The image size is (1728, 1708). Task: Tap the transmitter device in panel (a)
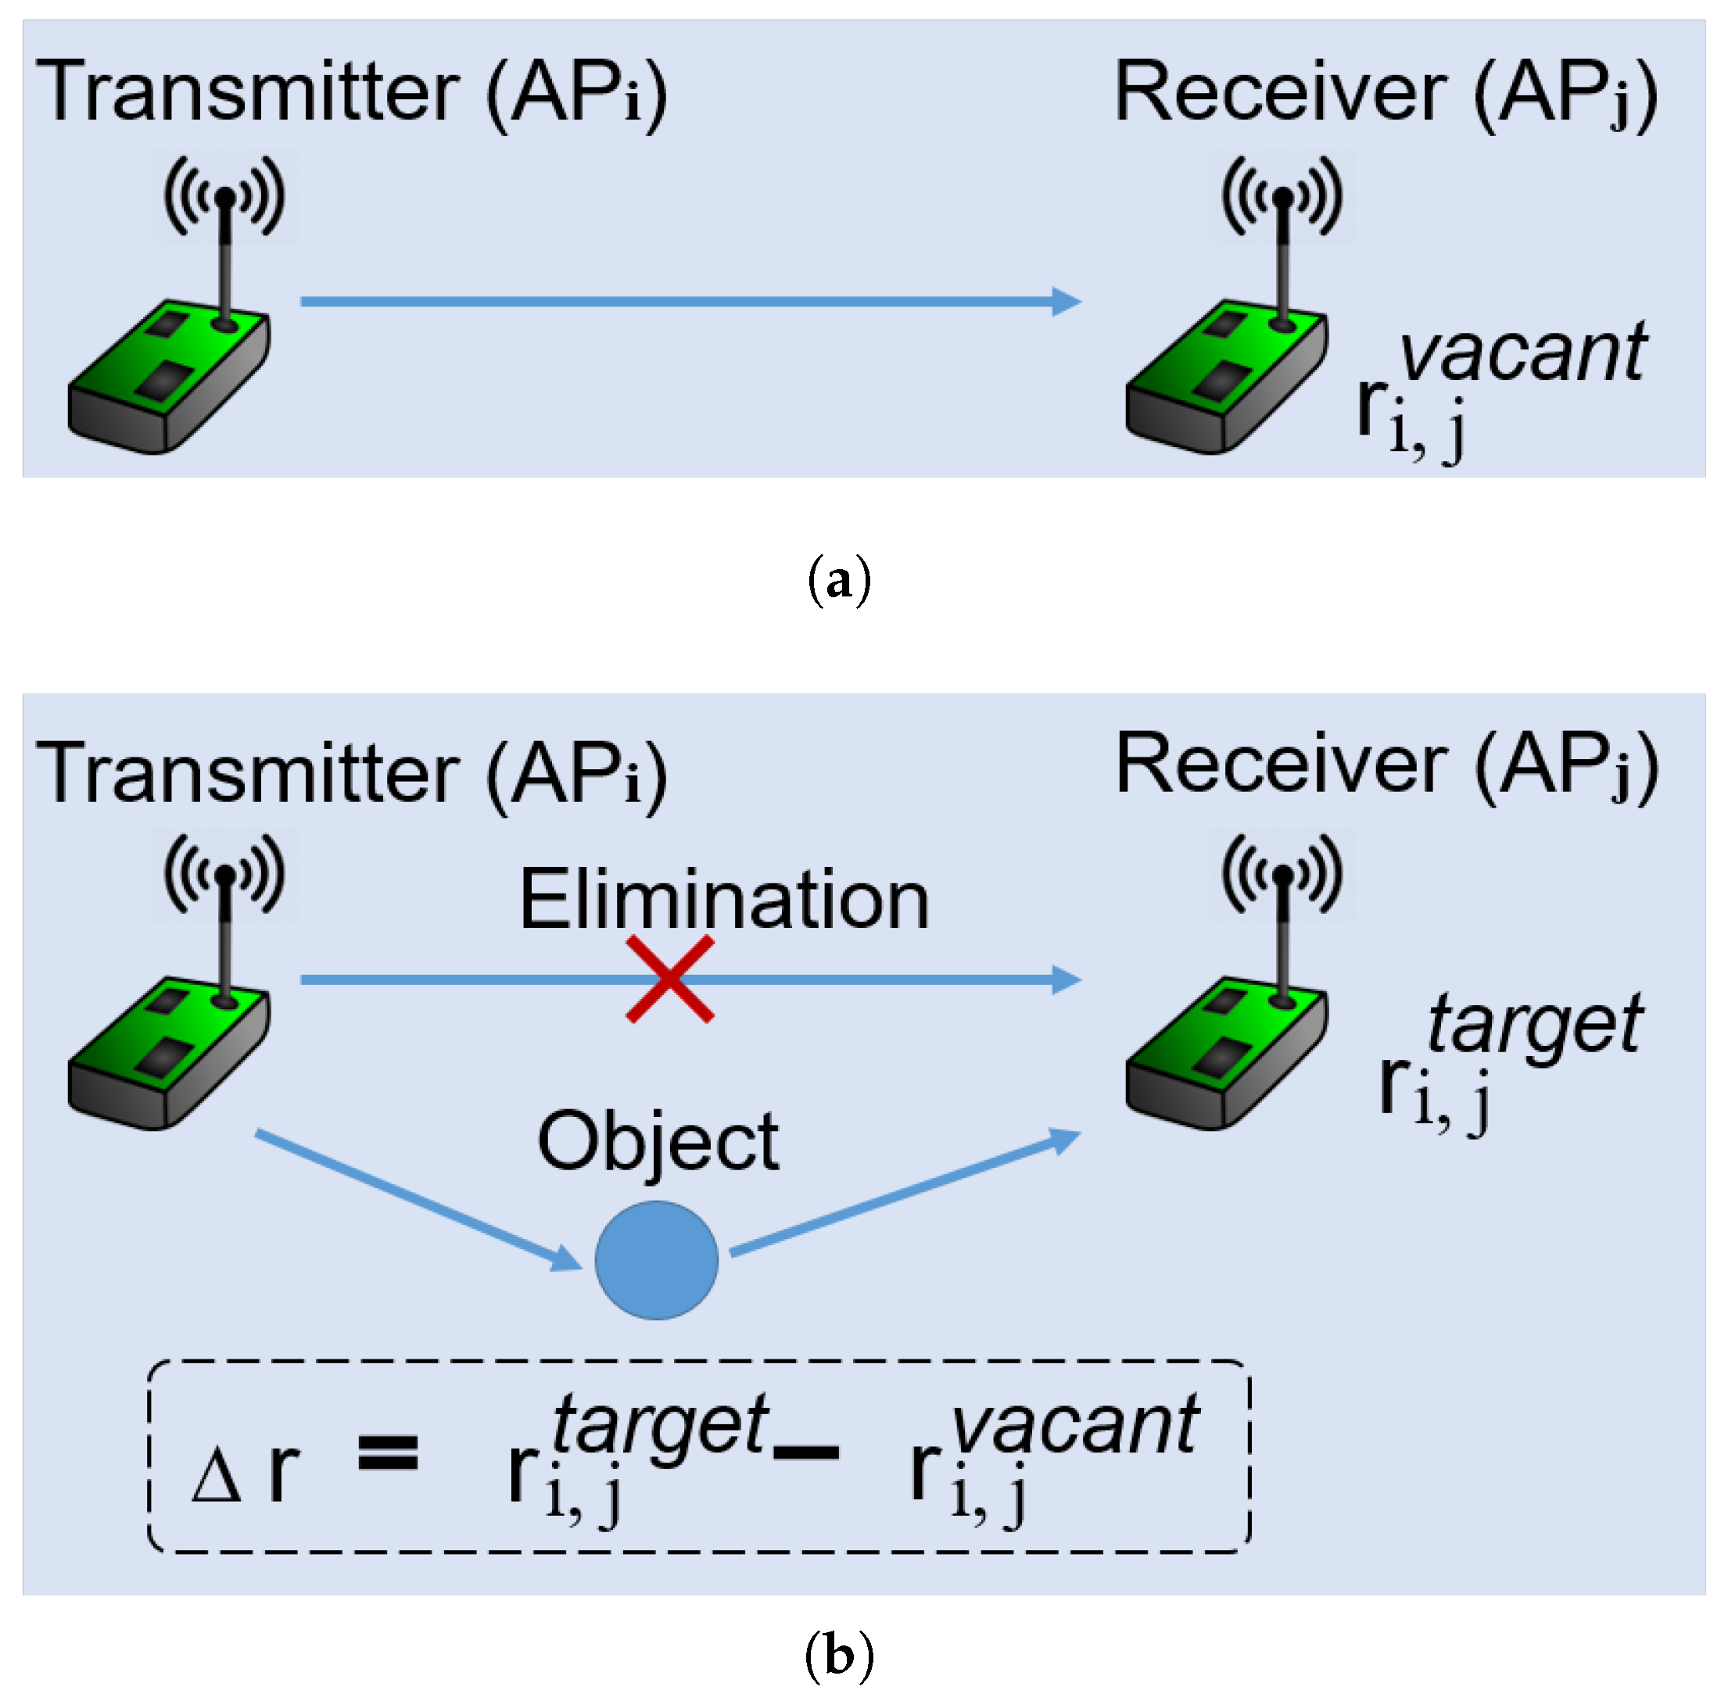[170, 375]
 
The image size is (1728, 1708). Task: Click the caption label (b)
[838, 1656]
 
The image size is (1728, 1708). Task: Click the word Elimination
[725, 901]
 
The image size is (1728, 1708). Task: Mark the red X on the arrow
[670, 979]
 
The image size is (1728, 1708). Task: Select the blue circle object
[657, 1260]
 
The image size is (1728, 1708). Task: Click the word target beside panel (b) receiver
[1534, 1024]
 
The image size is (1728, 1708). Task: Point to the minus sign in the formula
[806, 1452]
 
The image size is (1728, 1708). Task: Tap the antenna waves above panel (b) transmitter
[224, 872]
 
